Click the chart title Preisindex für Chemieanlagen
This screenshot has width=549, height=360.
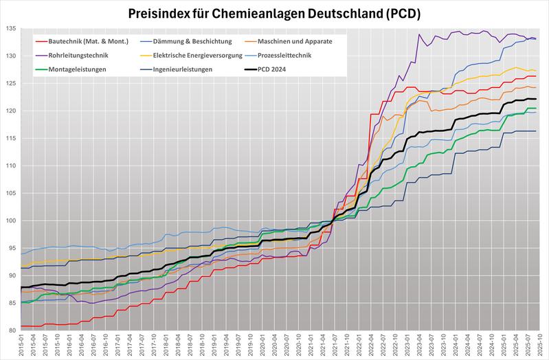point(274,12)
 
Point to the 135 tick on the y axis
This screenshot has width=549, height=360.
point(12,29)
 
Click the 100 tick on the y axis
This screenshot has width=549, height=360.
point(12,221)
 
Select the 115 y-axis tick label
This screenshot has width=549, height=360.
point(12,138)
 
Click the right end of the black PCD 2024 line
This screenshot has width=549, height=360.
point(537,100)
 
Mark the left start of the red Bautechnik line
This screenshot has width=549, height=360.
point(21,326)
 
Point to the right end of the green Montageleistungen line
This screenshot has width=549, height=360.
point(537,109)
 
